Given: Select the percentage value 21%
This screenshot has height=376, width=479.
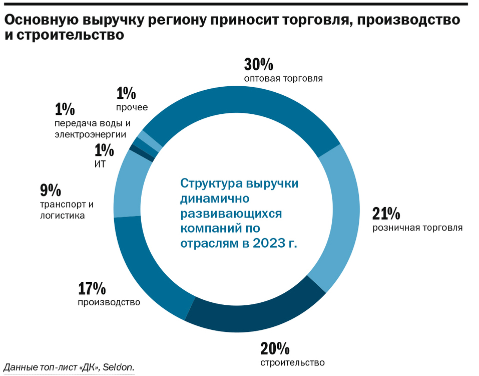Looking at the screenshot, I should [386, 214].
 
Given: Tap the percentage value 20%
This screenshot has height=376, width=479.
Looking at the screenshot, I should [275, 348].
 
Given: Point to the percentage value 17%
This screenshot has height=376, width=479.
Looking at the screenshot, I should [92, 289].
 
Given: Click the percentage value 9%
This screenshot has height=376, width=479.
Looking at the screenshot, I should [50, 191].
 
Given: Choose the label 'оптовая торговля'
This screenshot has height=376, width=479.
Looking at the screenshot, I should [283, 78].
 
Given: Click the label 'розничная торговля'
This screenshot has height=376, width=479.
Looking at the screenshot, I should [417, 228].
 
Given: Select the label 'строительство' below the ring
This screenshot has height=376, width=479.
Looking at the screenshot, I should [292, 362].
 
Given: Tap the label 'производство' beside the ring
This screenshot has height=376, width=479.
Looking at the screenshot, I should [109, 302].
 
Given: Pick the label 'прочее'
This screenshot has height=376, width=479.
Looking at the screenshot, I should [132, 107].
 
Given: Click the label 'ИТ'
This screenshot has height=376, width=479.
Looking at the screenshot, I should [100, 164].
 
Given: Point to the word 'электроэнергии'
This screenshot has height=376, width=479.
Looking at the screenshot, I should [90, 134].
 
